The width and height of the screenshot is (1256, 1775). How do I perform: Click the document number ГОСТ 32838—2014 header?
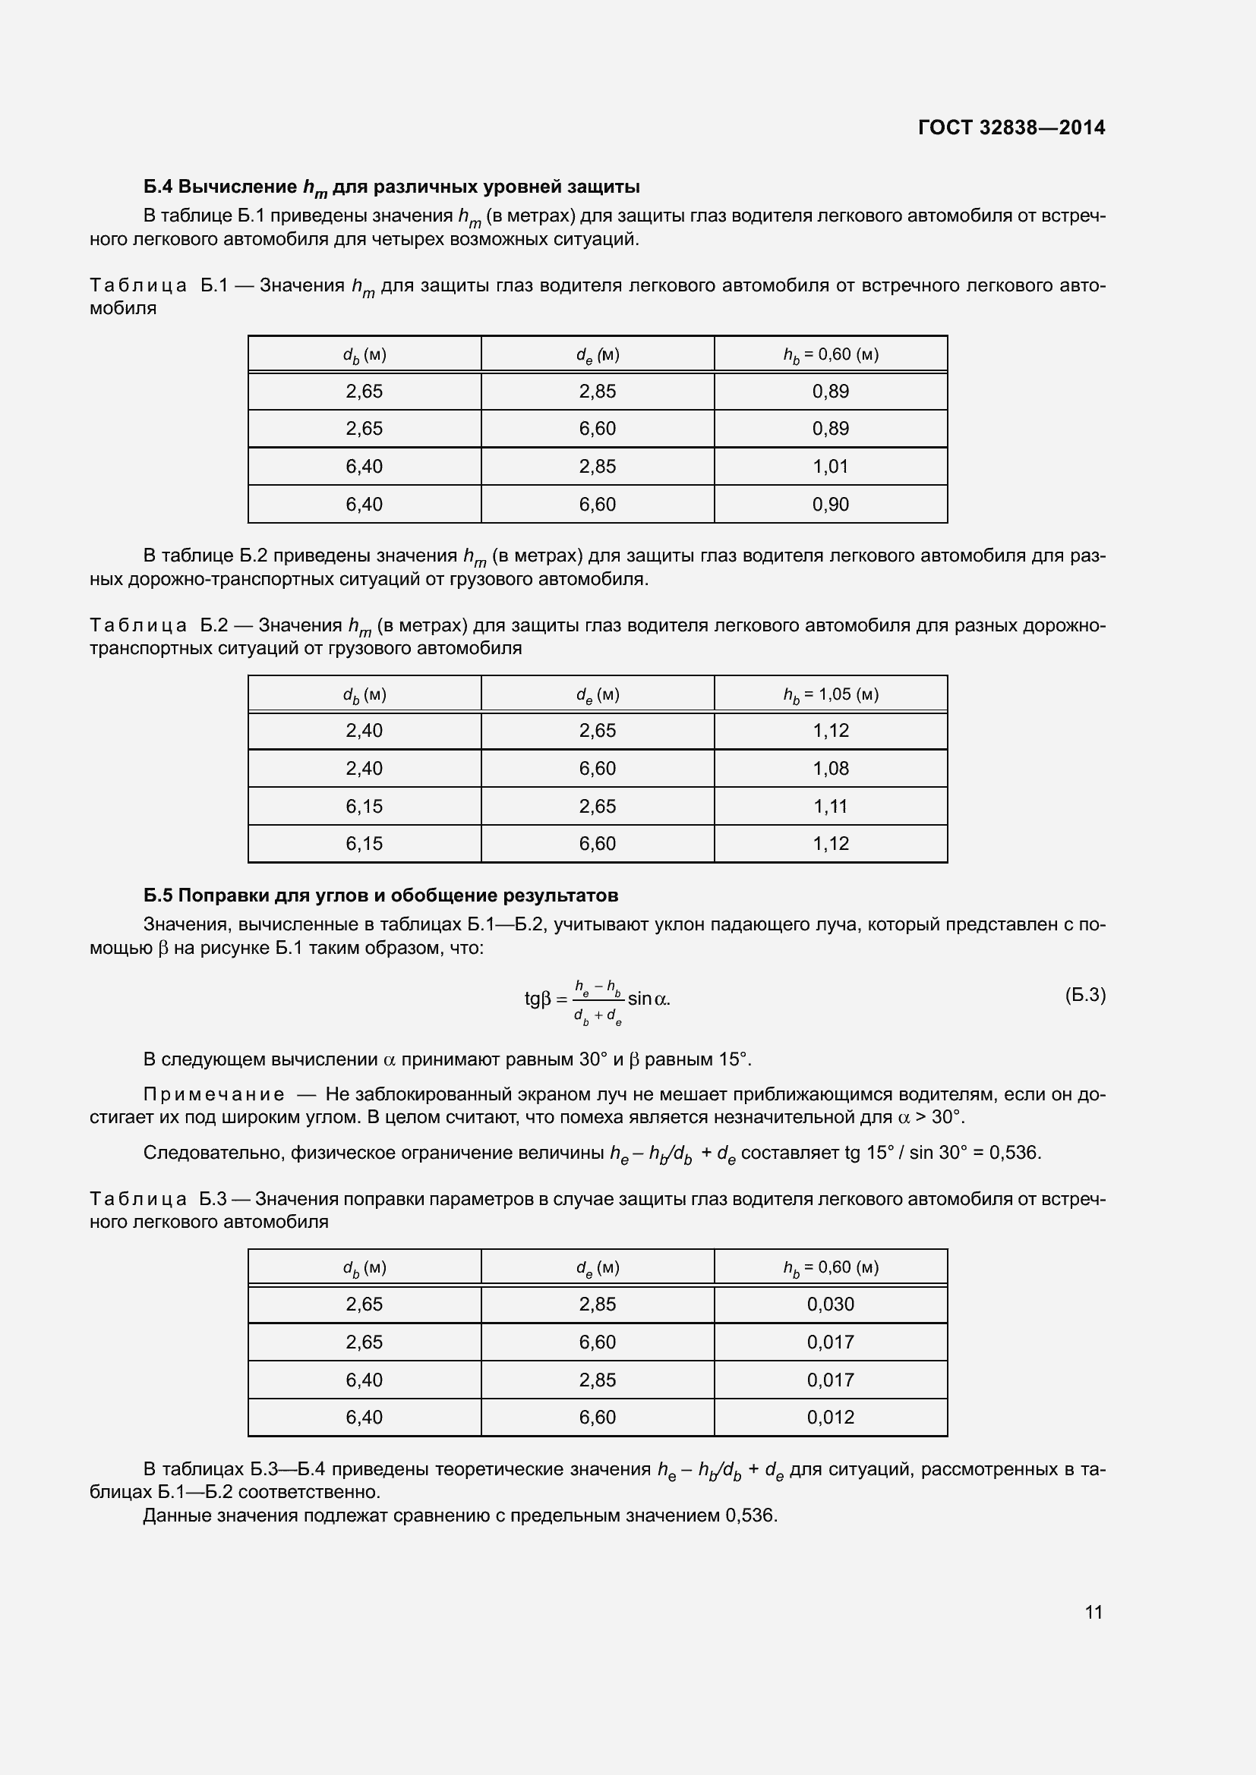click(x=1011, y=127)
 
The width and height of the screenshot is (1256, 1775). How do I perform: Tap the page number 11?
click(x=1093, y=1612)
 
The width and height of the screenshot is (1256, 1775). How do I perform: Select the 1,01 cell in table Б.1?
click(x=830, y=466)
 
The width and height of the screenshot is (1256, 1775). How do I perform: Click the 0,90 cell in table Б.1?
click(x=830, y=504)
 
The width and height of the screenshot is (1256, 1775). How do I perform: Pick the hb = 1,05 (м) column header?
click(x=830, y=694)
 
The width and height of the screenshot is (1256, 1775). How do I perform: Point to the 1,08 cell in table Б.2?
click(x=830, y=769)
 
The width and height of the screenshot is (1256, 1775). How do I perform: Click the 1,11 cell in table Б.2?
click(x=830, y=807)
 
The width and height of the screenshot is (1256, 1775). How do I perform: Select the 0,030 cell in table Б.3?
click(x=830, y=1304)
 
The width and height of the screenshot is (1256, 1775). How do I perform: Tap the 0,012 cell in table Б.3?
click(x=830, y=1417)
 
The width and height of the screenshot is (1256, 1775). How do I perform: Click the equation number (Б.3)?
click(x=1085, y=995)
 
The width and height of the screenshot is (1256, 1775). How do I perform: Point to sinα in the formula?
click(x=647, y=999)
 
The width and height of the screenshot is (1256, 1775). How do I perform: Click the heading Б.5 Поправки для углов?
click(x=380, y=895)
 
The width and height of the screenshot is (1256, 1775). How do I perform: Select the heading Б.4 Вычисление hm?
click(x=390, y=187)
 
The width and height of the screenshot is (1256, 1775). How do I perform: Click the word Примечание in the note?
click(x=213, y=1095)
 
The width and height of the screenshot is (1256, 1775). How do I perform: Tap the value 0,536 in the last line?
click(x=749, y=1515)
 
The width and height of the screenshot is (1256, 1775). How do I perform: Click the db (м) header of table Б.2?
click(x=364, y=694)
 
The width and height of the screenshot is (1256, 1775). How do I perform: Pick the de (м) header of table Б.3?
click(x=597, y=1268)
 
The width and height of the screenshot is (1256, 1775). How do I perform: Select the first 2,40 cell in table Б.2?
click(x=364, y=731)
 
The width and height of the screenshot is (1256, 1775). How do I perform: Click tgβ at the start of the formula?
click(x=538, y=999)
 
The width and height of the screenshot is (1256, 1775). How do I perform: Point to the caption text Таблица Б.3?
click(x=158, y=1199)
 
